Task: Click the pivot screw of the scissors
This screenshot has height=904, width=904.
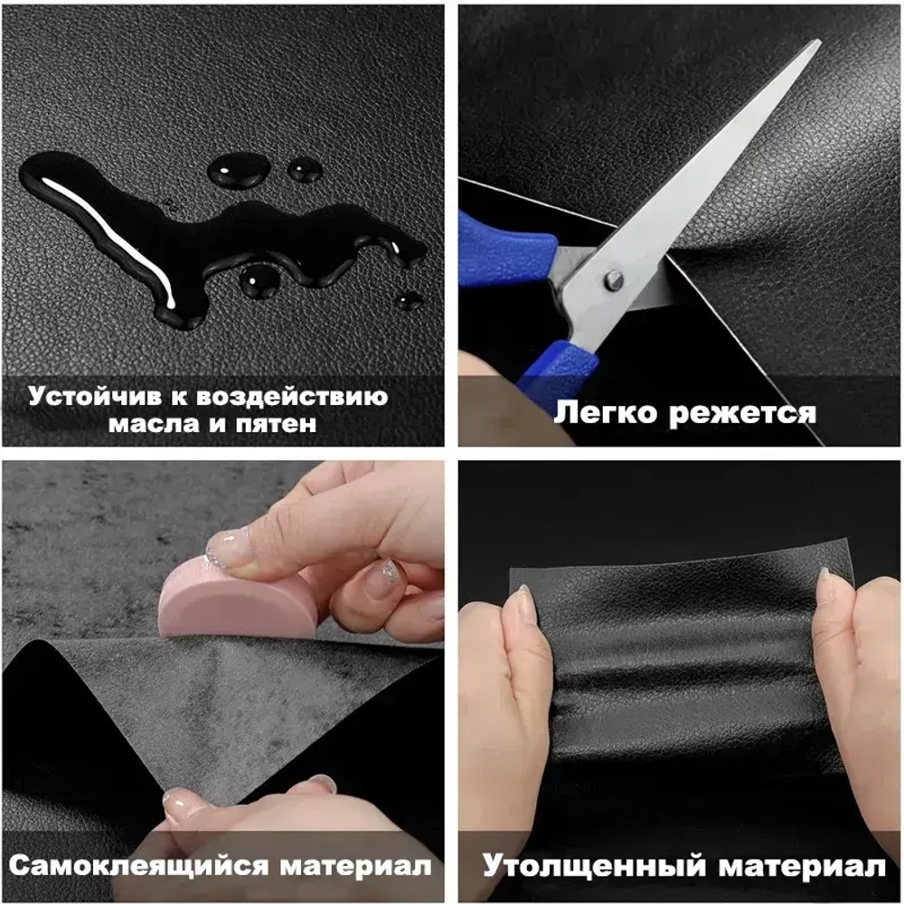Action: [615, 281]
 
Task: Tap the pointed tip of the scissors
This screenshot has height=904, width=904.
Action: [818, 42]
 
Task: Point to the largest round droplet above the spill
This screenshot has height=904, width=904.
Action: [239, 170]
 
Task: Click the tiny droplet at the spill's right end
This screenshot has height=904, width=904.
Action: [410, 300]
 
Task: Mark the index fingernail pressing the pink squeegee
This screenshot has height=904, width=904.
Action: [227, 547]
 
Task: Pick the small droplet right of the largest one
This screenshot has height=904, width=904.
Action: [305, 171]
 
